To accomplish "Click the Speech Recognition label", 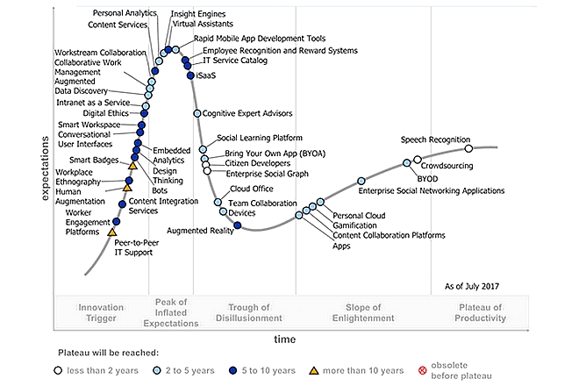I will tap(436, 139).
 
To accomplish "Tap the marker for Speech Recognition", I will tap(468, 149).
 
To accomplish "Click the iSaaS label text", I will tap(206, 76).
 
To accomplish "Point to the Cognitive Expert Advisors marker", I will tap(196, 114).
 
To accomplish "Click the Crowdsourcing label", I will tap(447, 166).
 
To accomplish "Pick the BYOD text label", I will tap(427, 179).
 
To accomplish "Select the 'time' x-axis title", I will tap(283, 339).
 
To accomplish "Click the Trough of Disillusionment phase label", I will tap(254, 312).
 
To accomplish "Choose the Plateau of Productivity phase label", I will tap(482, 312).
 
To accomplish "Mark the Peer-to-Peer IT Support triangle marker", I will tap(111, 232).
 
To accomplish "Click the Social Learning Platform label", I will tap(259, 138).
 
